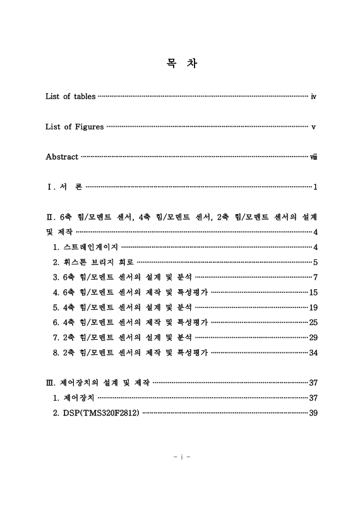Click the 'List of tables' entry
tap(70, 97)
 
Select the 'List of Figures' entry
tap(75, 127)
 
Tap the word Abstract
tap(62, 157)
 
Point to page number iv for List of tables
tap(313, 97)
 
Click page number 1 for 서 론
tap(315, 187)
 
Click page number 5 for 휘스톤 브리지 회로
tap(315, 262)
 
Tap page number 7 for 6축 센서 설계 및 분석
tap(315, 277)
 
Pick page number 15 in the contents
tap(313, 292)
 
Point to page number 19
tap(313, 307)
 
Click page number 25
tap(313, 323)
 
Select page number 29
tap(313, 337)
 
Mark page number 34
tap(313, 352)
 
